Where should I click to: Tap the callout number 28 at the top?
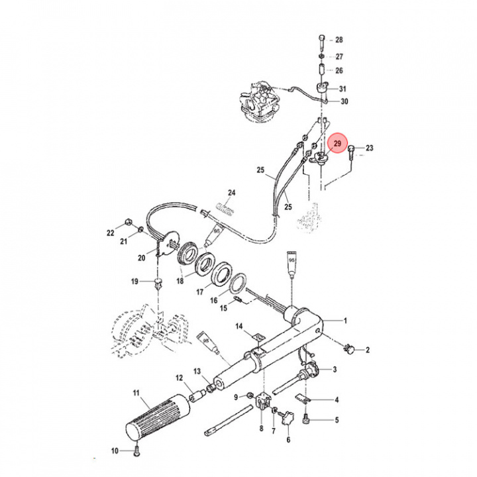coord(339,40)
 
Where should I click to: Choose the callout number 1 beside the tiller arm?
coord(344,321)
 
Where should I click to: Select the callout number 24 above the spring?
coord(231,194)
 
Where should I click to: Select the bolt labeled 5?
coord(307,418)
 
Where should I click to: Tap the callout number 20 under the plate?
coord(140,258)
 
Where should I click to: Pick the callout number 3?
coord(335,370)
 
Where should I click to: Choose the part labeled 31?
coord(323,89)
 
